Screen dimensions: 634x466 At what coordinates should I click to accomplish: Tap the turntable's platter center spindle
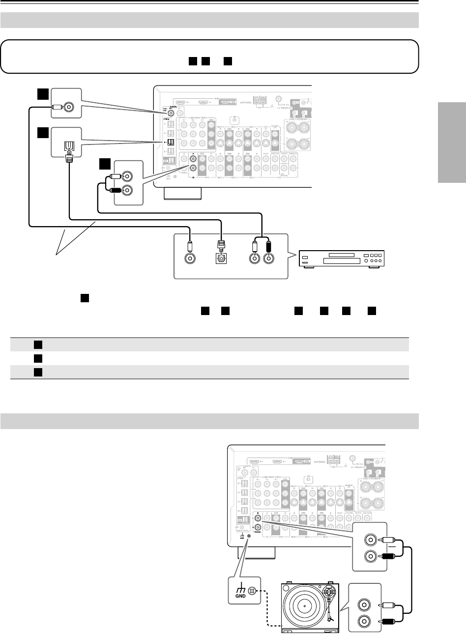[305, 606]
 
